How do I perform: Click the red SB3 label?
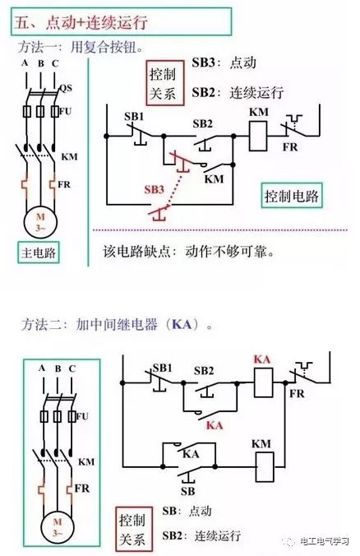pos(155,190)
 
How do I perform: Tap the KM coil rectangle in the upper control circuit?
pos(258,137)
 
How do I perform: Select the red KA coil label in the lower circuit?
pos(262,359)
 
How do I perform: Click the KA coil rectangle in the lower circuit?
pos(263,382)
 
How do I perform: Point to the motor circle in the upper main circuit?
pos(40,222)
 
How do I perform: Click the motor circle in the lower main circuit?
pos(58,527)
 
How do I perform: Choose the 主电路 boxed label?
pos(39,253)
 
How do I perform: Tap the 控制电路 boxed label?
pos(292,196)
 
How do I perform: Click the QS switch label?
pos(65,88)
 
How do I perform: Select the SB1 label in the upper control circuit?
pos(134,116)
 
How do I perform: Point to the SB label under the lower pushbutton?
pos(187,491)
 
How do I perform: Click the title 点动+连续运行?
pos(96,22)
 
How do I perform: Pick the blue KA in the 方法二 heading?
pos(182,324)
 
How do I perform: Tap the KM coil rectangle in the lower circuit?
pos(265,466)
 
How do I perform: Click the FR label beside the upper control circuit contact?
pos(290,146)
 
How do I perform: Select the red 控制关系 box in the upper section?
pos(165,83)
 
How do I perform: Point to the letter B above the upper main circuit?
pos(41,64)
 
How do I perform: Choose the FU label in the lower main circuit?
pos(82,416)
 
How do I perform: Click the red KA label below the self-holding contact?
pos(215,425)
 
